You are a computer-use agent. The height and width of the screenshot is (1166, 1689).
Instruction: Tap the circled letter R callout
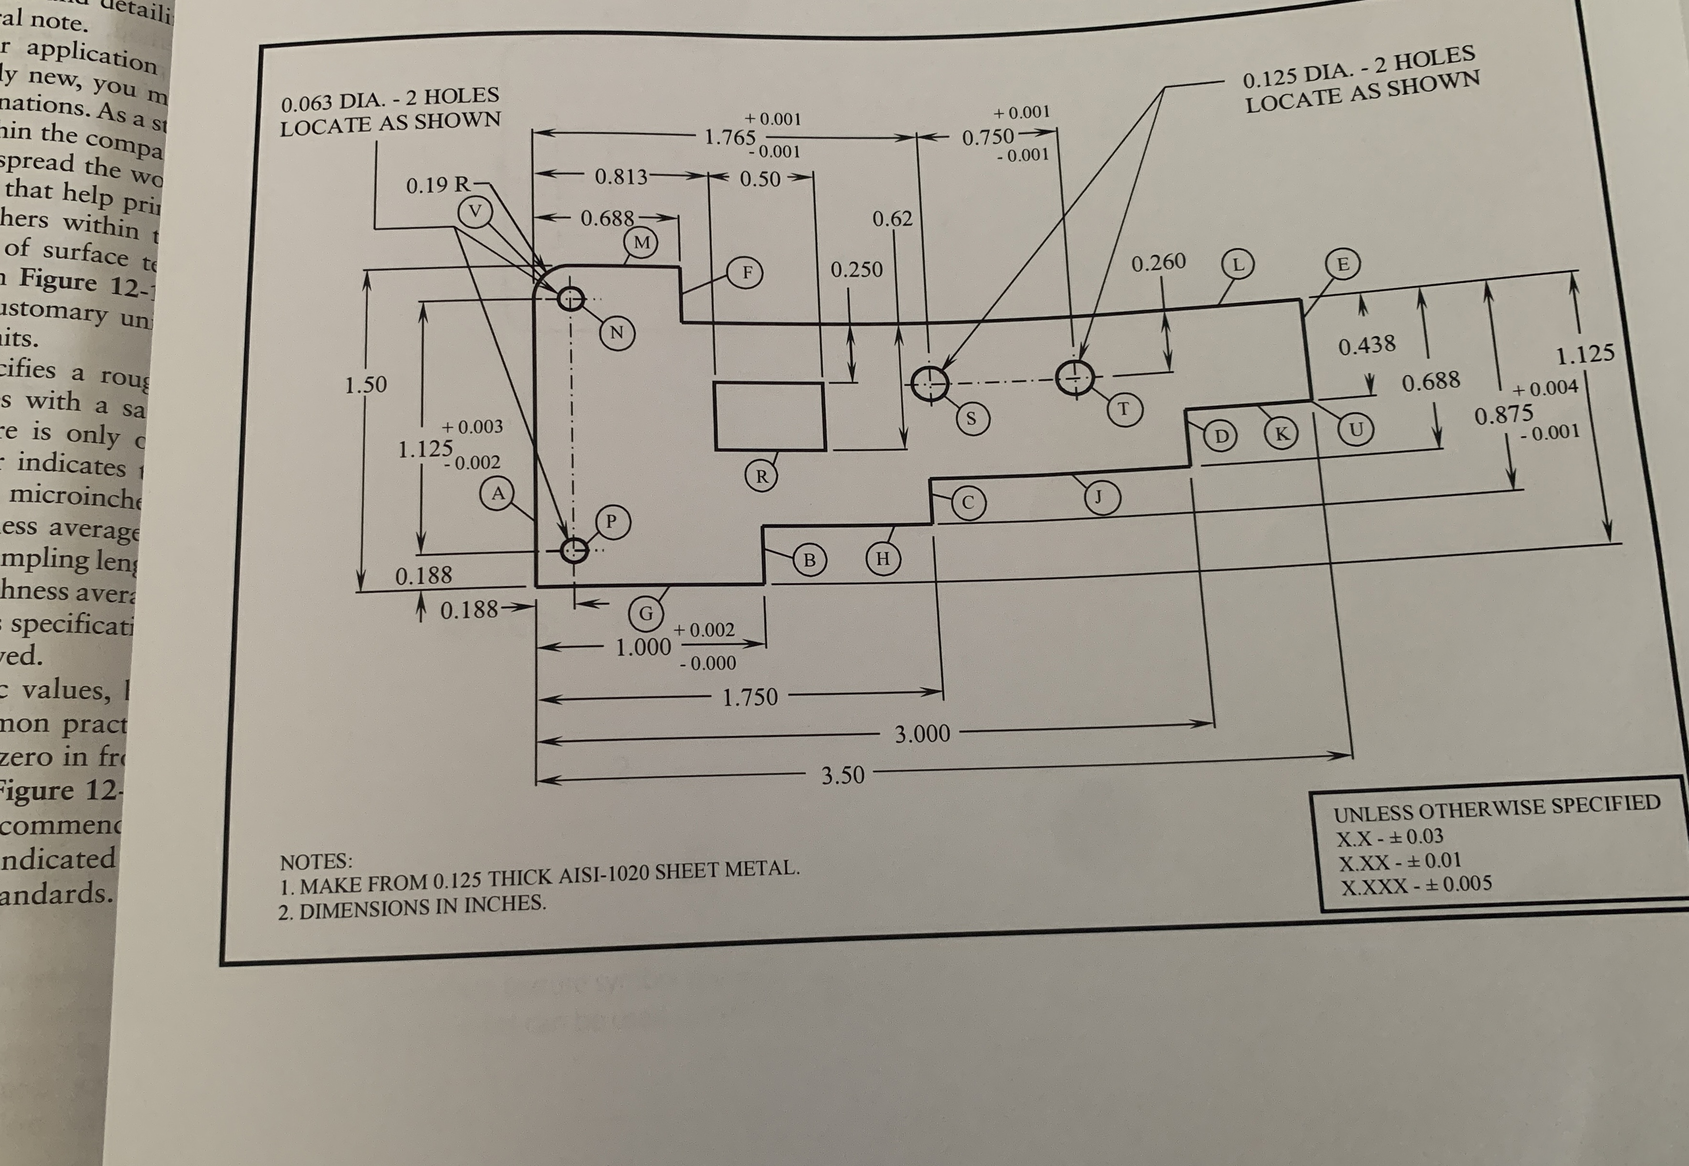[762, 476]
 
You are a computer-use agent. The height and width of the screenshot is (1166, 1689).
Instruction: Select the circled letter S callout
[971, 419]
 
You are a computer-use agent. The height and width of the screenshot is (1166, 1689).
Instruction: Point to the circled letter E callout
[1343, 265]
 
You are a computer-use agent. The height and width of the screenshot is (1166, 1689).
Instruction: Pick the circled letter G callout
[646, 614]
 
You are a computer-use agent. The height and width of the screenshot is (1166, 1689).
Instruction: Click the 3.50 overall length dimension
[843, 775]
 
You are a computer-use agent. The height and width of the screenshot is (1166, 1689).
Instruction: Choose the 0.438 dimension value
[1367, 345]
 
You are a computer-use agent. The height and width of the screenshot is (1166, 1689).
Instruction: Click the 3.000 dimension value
[922, 733]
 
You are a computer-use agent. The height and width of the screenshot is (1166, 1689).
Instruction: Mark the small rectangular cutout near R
[770, 416]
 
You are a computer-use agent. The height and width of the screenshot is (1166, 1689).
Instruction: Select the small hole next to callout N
[571, 298]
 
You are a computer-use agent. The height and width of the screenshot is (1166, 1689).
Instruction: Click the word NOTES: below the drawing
[316, 862]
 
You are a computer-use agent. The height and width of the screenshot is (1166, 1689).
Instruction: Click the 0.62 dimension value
[892, 219]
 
